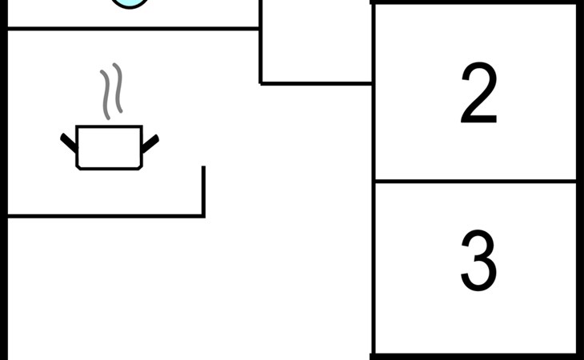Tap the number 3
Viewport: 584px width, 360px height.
click(478, 261)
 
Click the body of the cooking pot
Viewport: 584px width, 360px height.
click(109, 147)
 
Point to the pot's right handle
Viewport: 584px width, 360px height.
click(150, 142)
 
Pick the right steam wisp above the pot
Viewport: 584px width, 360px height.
click(118, 88)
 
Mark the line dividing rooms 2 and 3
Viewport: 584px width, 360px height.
click(475, 182)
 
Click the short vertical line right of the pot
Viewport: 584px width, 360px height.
click(203, 190)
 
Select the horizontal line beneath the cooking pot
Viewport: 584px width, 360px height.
click(104, 216)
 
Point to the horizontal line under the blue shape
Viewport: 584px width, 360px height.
click(132, 29)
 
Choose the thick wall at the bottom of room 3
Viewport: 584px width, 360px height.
click(475, 356)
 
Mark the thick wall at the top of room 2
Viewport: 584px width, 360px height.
click(475, 2)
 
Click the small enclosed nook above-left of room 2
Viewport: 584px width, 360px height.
click(316, 40)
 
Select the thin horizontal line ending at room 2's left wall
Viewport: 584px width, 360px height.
click(316, 82)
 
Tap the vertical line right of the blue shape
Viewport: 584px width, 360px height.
click(260, 40)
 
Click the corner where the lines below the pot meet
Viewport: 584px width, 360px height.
click(203, 216)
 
